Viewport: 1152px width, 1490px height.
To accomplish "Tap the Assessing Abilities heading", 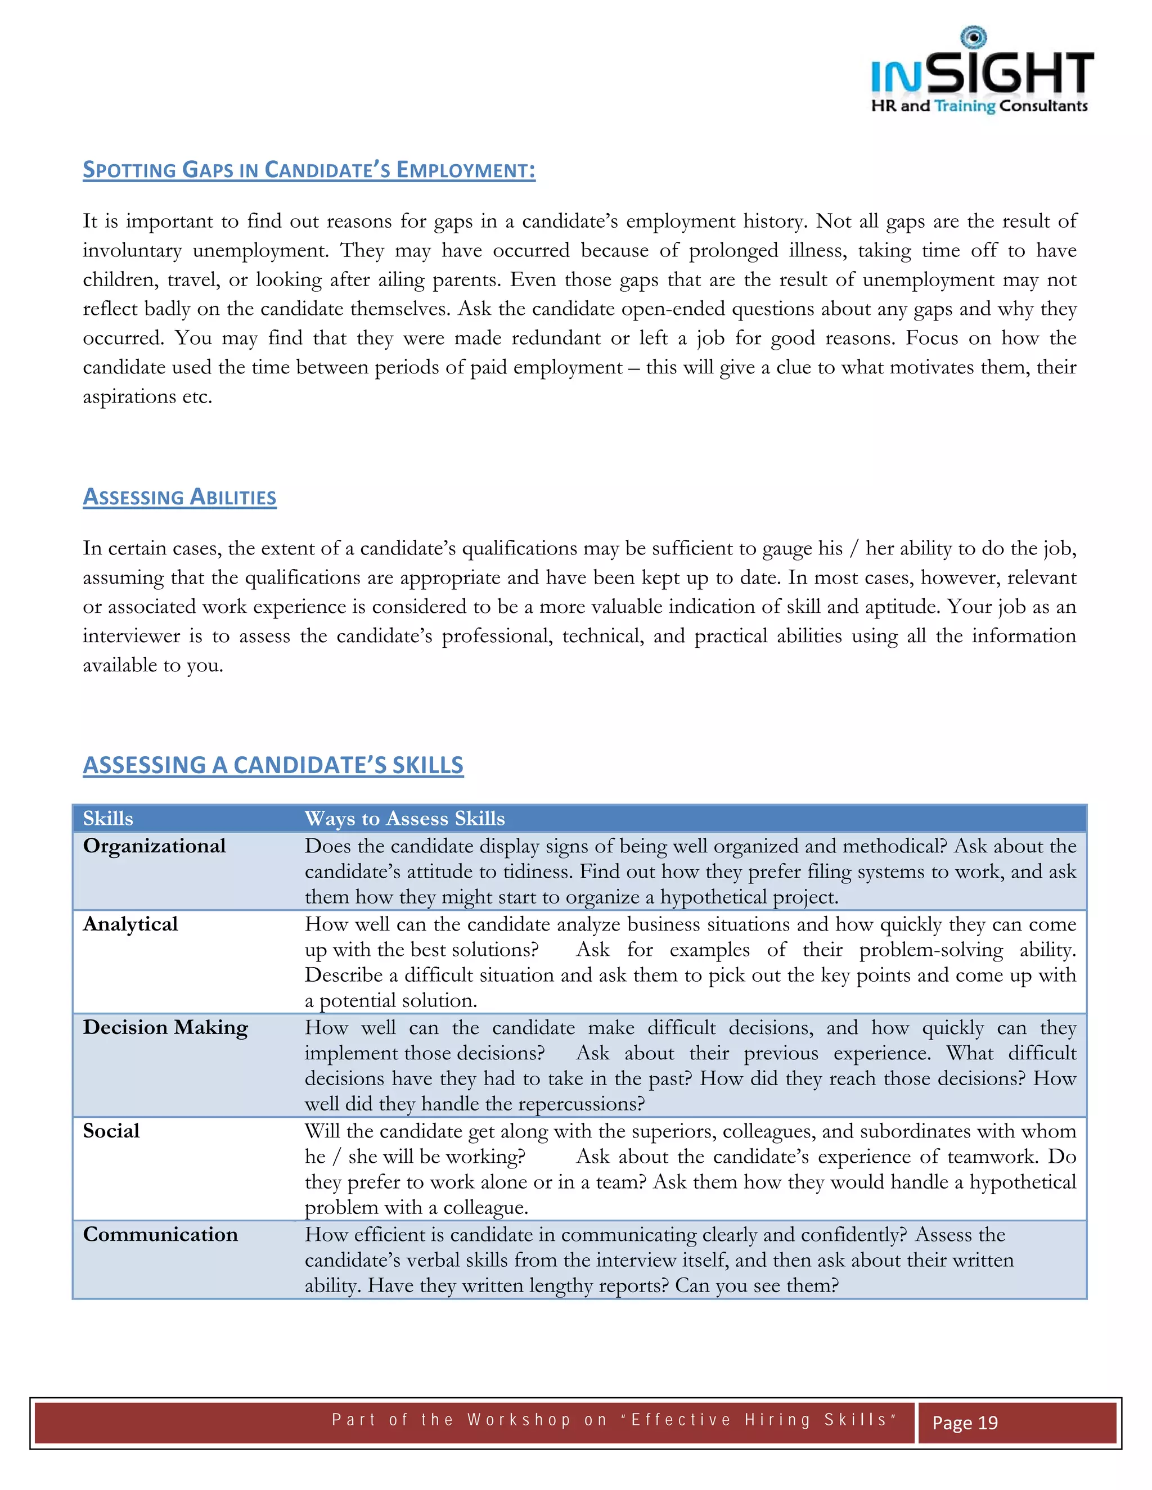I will click(179, 498).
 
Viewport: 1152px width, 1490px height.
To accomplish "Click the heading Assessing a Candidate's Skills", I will click(273, 765).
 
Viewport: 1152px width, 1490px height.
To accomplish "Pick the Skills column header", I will click(108, 819).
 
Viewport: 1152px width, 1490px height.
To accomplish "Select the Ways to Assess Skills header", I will click(404, 819).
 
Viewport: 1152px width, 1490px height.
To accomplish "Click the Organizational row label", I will click(154, 846).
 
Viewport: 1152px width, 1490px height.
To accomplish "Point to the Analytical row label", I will click(130, 924).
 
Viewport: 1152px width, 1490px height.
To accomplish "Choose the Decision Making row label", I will click(165, 1027).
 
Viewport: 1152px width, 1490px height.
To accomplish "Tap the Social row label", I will click(111, 1131).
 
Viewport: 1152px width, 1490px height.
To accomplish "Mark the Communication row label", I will click(160, 1234).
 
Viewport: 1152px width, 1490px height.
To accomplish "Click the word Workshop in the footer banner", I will click(519, 1420).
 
